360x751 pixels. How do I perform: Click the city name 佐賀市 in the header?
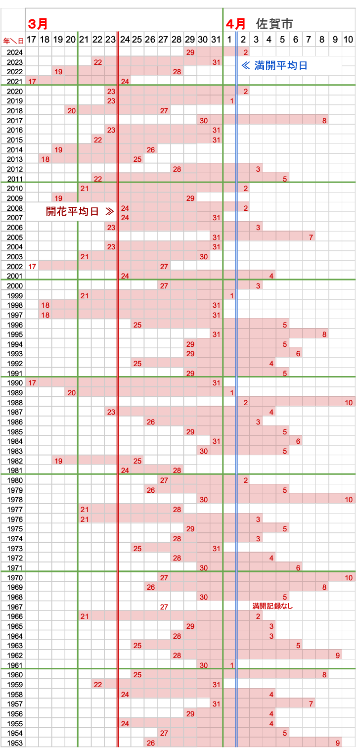(274, 23)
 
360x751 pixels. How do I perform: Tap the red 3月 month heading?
(38, 24)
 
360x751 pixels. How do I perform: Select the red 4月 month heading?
(236, 23)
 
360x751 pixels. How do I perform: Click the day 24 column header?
(125, 40)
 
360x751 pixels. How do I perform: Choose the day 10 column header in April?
(348, 40)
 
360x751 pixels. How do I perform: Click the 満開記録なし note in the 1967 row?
(273, 606)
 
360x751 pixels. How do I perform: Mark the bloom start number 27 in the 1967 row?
(164, 607)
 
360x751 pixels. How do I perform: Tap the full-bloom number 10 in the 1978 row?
(348, 500)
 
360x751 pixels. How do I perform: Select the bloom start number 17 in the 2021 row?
(32, 81)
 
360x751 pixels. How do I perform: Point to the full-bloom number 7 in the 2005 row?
(311, 237)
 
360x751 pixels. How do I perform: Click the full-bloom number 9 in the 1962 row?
(337, 656)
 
